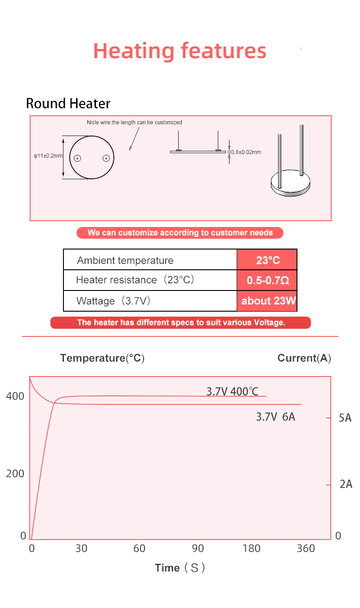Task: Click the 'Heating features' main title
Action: tap(180, 51)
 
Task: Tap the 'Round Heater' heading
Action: tap(68, 104)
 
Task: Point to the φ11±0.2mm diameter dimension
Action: tap(48, 156)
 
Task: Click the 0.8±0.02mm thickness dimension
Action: tap(246, 152)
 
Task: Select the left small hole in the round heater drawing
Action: tap(77, 158)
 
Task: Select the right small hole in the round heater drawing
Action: tap(106, 158)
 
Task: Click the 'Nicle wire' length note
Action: tap(134, 123)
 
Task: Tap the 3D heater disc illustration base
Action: tap(291, 186)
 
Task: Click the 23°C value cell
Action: tap(267, 260)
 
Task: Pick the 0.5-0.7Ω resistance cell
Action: tap(267, 281)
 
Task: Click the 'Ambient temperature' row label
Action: tap(125, 260)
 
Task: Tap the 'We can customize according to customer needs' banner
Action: tap(180, 233)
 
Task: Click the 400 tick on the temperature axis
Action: tap(15, 396)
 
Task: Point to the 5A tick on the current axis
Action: tap(345, 418)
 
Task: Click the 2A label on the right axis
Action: tap(346, 484)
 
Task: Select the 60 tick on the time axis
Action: tap(139, 548)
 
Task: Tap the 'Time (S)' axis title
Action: tap(180, 568)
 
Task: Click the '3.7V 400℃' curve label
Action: tap(232, 391)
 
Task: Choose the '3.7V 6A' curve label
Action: tap(275, 417)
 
